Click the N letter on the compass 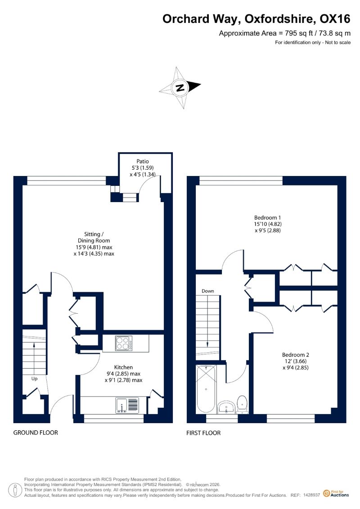(180, 87)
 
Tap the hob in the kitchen (124, 343)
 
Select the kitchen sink (127, 405)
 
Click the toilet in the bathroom (242, 405)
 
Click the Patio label (143, 161)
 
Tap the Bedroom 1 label (267, 217)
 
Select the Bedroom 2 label (295, 355)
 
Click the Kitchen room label (123, 367)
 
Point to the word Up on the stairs (34, 379)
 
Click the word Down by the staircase (208, 291)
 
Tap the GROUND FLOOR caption (36, 432)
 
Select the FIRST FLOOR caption (203, 432)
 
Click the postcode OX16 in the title (335, 19)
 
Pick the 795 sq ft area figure (296, 33)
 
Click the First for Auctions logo (336, 494)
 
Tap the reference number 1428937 (312, 495)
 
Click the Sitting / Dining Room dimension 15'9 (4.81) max (94, 247)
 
